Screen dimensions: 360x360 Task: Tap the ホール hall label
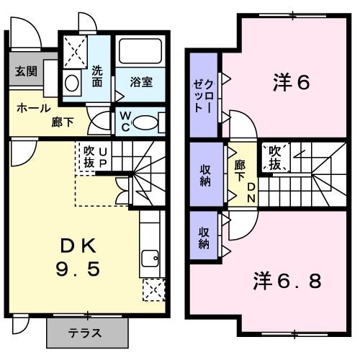[x=33, y=109]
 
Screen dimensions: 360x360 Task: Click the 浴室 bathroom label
[x=140, y=81]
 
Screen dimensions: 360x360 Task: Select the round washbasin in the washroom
[x=72, y=82]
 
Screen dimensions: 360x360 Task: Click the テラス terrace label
[x=84, y=333]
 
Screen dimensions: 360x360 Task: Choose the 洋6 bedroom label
[x=291, y=83]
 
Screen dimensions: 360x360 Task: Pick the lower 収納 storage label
[x=204, y=238]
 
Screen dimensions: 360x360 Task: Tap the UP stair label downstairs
[x=103, y=158]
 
